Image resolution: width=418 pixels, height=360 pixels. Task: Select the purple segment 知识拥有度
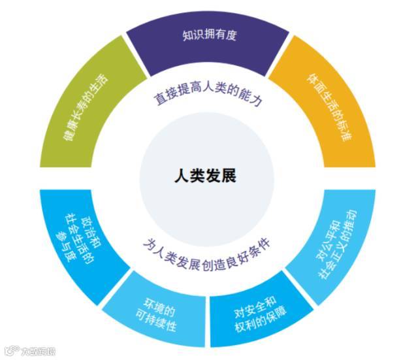pyautogui.click(x=208, y=46)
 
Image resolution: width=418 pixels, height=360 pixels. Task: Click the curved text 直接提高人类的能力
pyautogui.click(x=207, y=98)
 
